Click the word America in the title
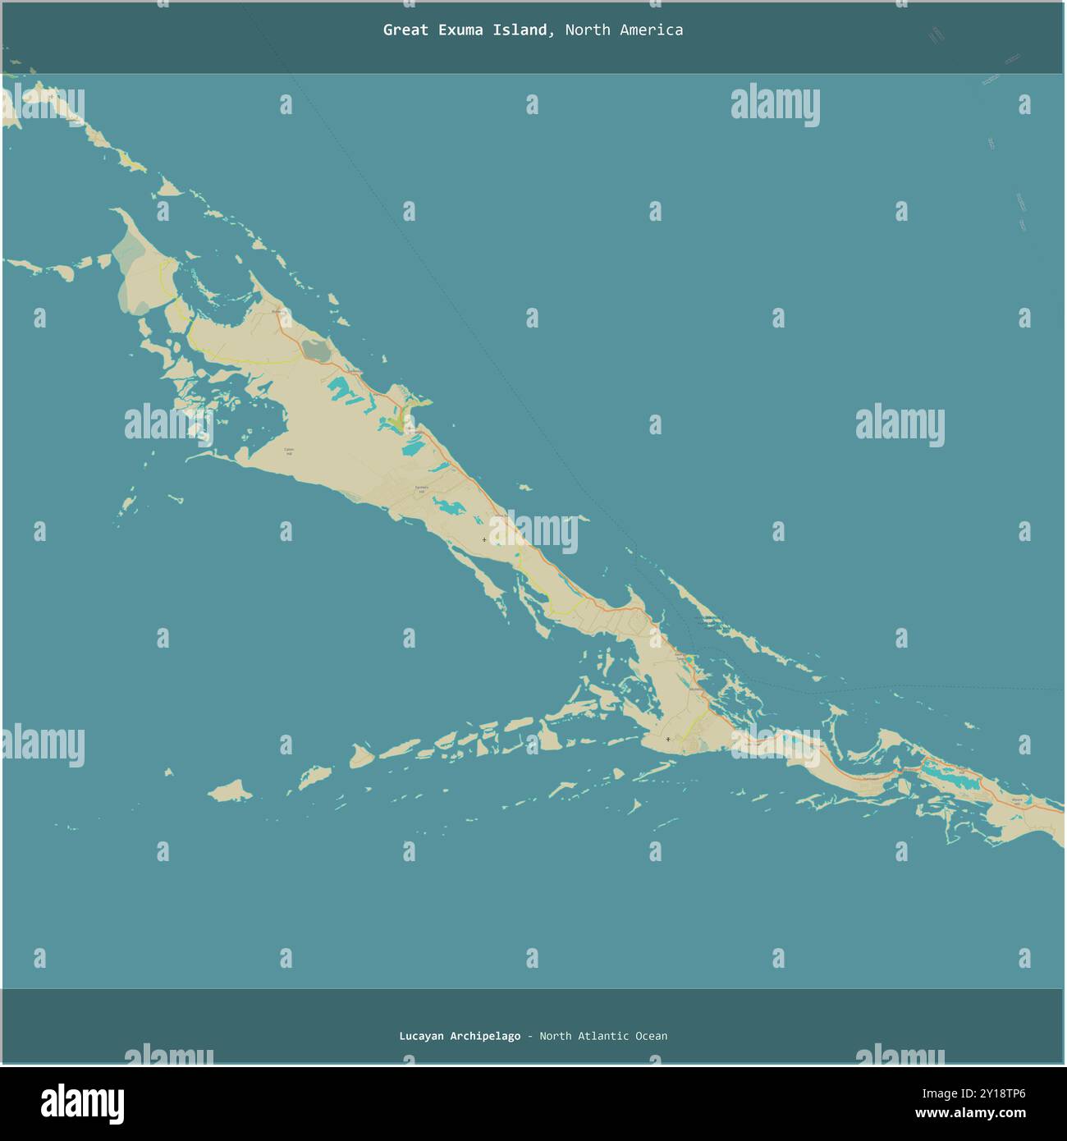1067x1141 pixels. click(x=651, y=30)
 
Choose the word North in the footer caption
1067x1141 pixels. click(x=555, y=1036)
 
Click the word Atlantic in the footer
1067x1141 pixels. click(x=602, y=1036)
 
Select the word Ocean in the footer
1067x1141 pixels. click(x=651, y=1036)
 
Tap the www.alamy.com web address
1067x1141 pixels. click(x=970, y=1114)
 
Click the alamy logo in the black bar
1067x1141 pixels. click(x=82, y=1104)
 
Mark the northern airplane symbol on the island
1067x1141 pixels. click(x=483, y=539)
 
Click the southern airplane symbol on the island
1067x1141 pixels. click(x=668, y=740)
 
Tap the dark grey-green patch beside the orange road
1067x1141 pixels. click(x=314, y=351)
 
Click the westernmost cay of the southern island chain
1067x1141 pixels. click(x=229, y=791)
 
